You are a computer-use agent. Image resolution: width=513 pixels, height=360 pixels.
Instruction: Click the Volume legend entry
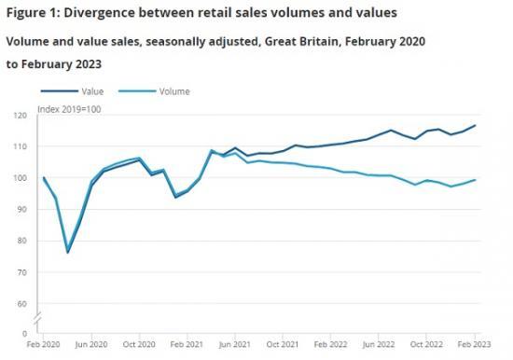173,91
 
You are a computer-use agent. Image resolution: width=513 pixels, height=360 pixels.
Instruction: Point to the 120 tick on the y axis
21,116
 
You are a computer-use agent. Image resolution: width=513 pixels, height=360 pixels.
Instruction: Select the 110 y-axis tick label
21,147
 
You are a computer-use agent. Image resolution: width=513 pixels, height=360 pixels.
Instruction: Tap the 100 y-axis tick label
21,178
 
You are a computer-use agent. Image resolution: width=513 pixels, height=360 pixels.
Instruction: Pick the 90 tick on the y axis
22,210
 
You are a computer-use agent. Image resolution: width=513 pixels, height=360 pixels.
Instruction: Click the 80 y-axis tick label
22,241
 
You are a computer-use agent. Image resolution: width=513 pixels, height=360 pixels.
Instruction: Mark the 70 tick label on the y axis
22,272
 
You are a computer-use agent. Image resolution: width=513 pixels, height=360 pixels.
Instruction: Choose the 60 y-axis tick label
22,303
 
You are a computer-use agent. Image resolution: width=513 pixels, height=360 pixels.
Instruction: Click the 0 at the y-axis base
25,334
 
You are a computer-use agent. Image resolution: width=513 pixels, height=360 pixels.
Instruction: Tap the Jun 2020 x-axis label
91,345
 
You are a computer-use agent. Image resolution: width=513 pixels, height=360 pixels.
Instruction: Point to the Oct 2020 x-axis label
140,345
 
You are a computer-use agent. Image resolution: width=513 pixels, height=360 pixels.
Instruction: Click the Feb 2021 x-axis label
187,345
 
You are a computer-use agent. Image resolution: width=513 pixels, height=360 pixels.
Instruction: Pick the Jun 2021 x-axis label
235,345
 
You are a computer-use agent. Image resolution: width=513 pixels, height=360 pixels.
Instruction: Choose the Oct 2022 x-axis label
426,345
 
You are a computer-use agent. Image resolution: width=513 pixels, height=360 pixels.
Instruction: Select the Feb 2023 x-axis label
473,345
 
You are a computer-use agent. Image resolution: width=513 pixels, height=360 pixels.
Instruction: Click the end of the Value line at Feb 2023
475,125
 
